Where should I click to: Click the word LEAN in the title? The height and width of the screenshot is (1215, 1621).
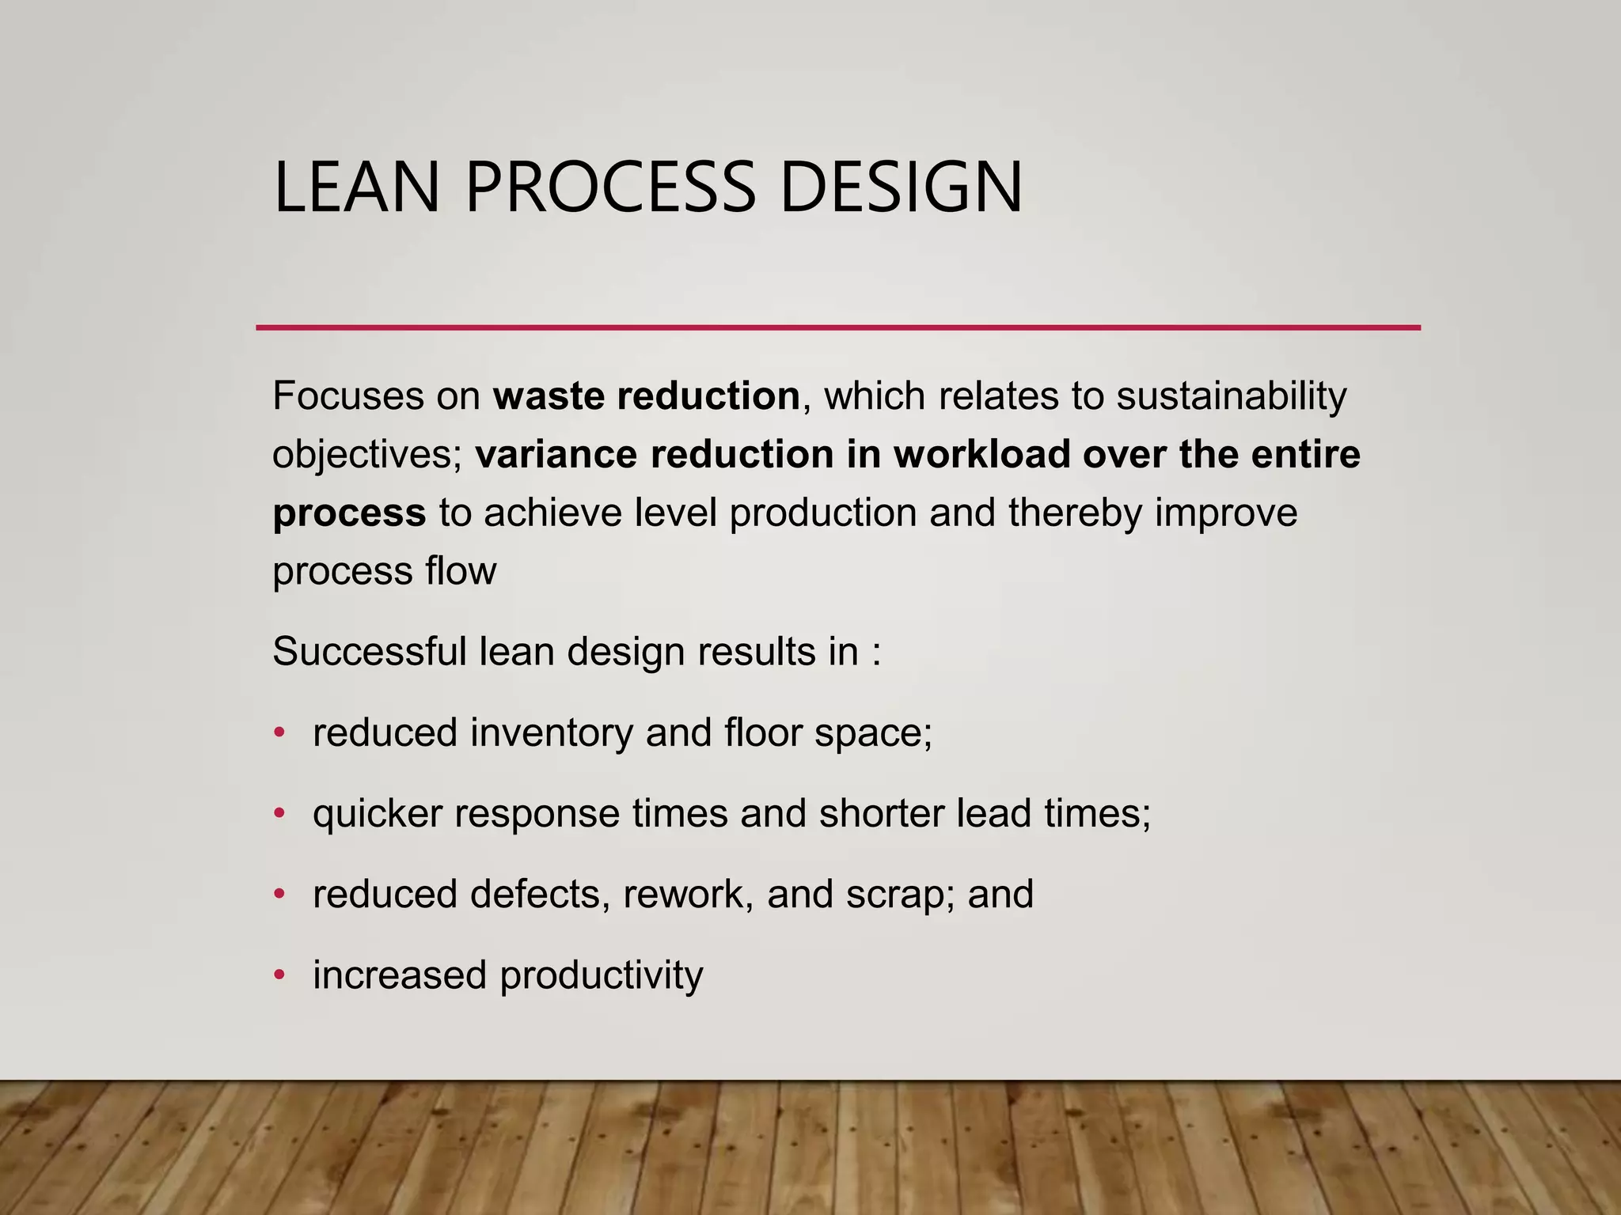pyautogui.click(x=356, y=187)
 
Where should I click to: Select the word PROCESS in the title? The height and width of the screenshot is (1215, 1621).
pyautogui.click(x=609, y=187)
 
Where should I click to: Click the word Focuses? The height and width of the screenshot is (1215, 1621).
pyautogui.click(x=347, y=396)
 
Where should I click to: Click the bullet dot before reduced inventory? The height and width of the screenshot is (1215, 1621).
pyautogui.click(x=279, y=733)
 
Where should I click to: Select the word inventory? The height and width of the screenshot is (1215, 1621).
pyautogui.click(x=552, y=733)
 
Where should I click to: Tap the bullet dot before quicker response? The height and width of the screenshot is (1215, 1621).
pyautogui.click(x=279, y=814)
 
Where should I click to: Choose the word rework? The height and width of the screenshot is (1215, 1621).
pyautogui.click(x=688, y=895)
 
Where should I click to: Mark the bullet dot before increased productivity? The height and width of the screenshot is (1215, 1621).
pyautogui.click(x=279, y=975)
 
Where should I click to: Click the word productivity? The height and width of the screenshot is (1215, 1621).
pyautogui.click(x=601, y=976)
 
